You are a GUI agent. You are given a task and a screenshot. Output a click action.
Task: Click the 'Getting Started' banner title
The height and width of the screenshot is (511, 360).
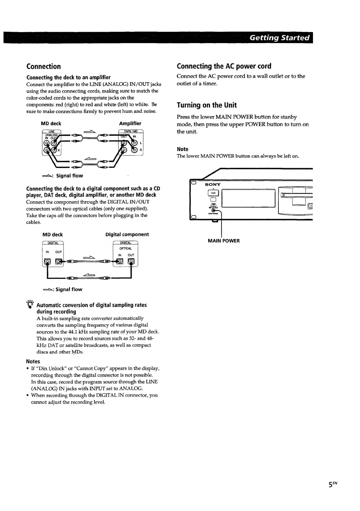[x=279, y=38]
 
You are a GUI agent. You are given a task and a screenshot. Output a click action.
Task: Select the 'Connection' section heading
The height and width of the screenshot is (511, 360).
[x=43, y=66]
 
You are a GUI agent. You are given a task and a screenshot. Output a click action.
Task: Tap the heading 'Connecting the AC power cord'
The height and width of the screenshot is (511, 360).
[x=224, y=66]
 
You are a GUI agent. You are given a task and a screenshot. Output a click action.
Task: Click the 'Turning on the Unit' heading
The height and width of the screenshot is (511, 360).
[x=207, y=105]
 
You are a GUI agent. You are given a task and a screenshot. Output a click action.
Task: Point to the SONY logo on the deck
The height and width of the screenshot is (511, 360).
[x=213, y=184]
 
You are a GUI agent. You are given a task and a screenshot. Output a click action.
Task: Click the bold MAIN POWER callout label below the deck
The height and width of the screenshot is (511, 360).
[x=224, y=241]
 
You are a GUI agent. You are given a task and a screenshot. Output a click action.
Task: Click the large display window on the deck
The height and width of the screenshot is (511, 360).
[x=248, y=198]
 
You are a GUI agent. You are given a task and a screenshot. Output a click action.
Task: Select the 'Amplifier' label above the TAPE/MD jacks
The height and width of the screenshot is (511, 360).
[x=130, y=123]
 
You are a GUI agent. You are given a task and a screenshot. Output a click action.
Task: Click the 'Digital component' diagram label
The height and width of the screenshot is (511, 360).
[x=127, y=234]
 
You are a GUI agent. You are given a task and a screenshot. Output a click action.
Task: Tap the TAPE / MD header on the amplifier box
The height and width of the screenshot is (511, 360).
[x=131, y=132]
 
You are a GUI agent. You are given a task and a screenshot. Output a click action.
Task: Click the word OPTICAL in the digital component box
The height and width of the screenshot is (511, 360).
[x=125, y=248]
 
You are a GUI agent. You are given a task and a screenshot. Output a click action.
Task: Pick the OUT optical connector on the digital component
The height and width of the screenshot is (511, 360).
[x=131, y=261]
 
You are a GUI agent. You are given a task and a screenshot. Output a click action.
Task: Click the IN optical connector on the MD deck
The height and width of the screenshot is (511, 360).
[x=47, y=261]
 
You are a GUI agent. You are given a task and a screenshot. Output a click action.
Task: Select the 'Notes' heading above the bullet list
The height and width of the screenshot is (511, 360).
[x=33, y=361]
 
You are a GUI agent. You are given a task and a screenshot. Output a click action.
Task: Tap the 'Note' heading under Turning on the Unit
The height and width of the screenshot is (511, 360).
[x=183, y=149]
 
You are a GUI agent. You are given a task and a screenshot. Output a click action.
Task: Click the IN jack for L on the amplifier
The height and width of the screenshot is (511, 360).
[x=134, y=143]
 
